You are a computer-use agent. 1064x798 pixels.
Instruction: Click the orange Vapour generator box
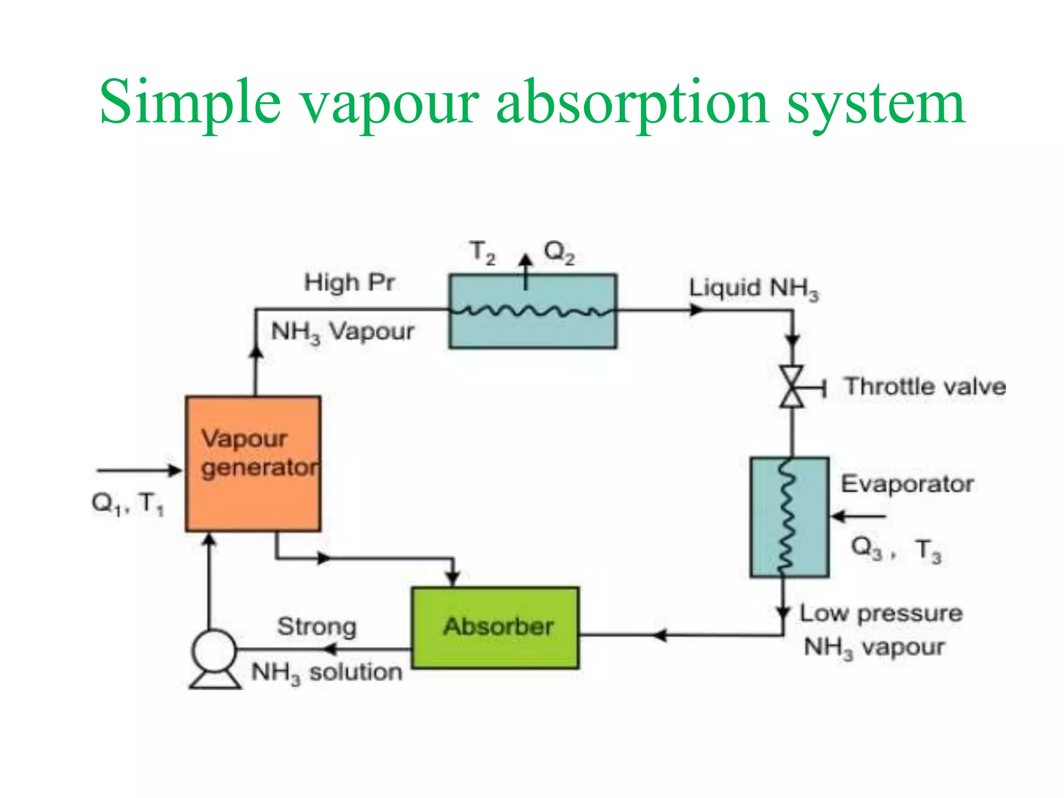click(253, 464)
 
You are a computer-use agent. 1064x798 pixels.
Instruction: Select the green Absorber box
click(495, 628)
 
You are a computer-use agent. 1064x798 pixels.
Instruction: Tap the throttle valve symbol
click(792, 387)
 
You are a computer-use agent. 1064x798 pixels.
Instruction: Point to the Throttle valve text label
click(925, 387)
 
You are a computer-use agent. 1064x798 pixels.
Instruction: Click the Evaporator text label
click(907, 484)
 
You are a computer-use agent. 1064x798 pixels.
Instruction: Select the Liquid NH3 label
click(753, 289)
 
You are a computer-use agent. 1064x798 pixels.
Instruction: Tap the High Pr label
click(349, 283)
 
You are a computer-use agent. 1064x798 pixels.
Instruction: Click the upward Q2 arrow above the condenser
click(526, 270)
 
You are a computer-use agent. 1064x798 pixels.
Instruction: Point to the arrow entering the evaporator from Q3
click(857, 516)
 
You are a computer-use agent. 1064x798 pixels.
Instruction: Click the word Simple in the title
click(190, 102)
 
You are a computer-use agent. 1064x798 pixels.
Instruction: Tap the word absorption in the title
click(632, 102)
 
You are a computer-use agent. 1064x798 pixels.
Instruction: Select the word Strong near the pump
click(317, 627)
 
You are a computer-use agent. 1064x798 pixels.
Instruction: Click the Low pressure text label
click(881, 614)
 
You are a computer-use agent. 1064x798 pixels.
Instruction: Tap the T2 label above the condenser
click(483, 252)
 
